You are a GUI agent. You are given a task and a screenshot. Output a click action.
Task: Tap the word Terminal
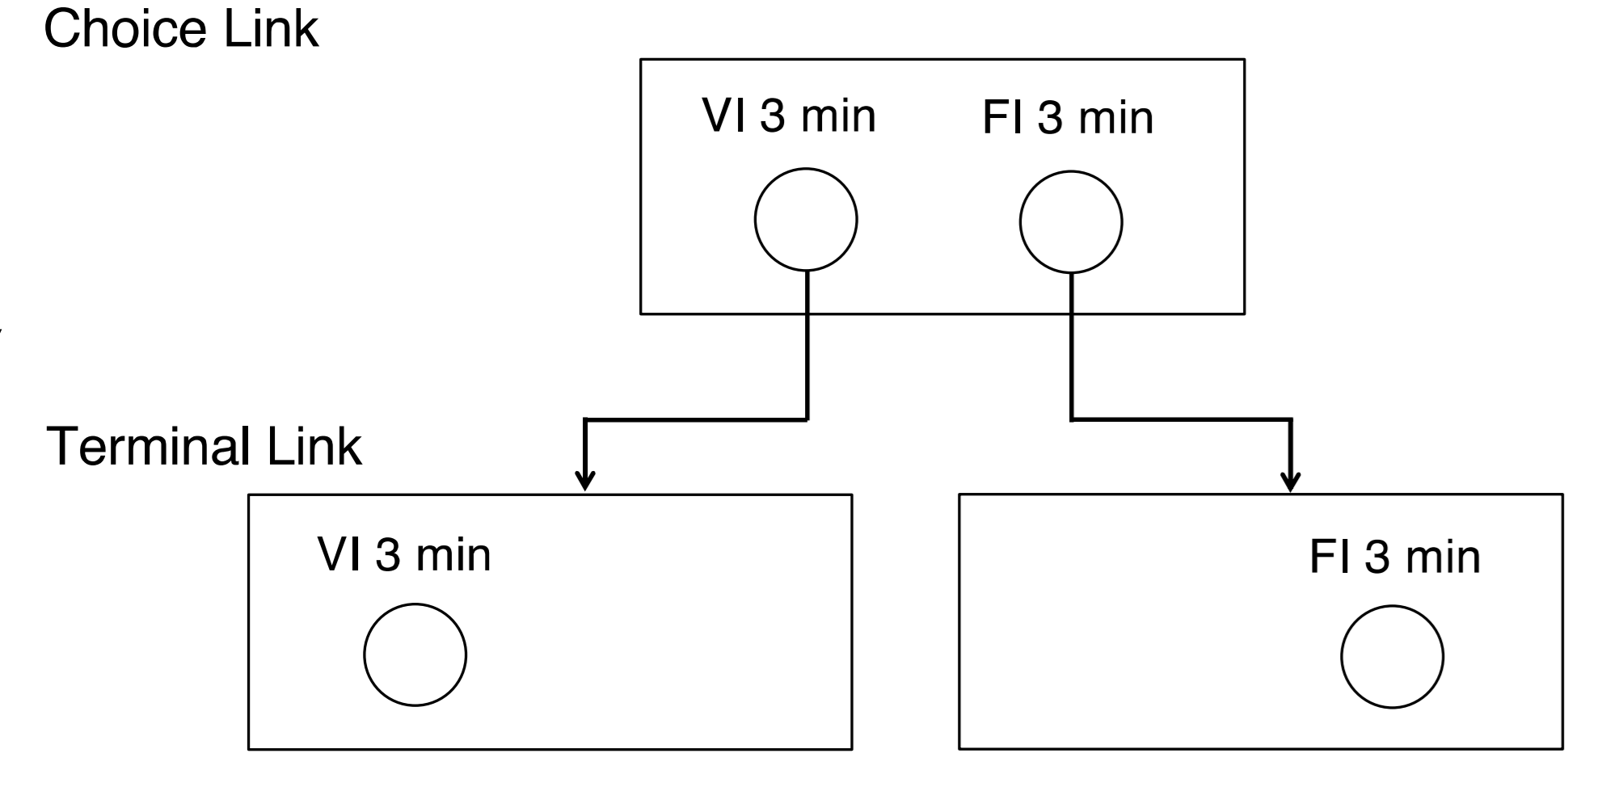pos(150,447)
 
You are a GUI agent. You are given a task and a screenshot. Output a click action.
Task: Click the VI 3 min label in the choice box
pos(789,116)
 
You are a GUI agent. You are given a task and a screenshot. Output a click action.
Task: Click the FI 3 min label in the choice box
pos(1067,118)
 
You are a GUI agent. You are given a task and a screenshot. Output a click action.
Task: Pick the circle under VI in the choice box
pos(806,220)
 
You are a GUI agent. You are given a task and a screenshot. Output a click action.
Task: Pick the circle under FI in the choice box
pos(1071,221)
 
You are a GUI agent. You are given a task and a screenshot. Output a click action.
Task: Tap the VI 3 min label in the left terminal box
pos(404,555)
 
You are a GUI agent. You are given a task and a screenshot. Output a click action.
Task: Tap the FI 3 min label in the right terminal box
pos(1394,558)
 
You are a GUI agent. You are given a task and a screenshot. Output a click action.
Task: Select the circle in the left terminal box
pos(415,655)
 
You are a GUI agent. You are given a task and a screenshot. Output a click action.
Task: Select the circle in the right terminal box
pos(1392,657)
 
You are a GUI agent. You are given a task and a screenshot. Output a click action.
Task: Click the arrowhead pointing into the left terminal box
pos(585,482)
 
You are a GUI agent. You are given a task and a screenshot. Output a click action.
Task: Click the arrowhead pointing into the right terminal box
pos(1292,482)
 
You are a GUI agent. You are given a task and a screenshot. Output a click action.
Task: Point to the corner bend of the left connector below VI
pos(807,419)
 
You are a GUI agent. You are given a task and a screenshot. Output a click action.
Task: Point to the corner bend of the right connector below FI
pos(1072,419)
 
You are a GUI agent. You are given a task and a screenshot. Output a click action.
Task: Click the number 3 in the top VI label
pos(773,116)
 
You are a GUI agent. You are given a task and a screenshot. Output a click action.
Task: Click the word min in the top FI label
pos(1115,119)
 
